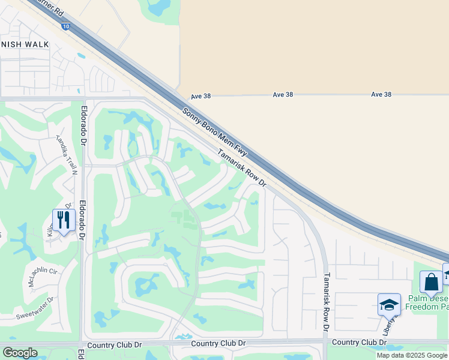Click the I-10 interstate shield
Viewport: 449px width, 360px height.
(64, 26)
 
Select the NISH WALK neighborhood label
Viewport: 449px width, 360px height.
(25, 44)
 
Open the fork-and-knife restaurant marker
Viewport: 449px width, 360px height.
(62, 220)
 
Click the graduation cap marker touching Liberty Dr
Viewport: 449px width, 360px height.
(388, 305)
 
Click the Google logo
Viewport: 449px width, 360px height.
(20, 353)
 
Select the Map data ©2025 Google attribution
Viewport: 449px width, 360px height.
(412, 355)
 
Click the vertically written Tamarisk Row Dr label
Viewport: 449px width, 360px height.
(327, 303)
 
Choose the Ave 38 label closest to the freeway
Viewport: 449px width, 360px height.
(200, 96)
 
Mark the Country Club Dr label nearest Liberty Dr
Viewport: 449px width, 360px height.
(358, 342)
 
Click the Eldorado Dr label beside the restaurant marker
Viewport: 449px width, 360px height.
(82, 220)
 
